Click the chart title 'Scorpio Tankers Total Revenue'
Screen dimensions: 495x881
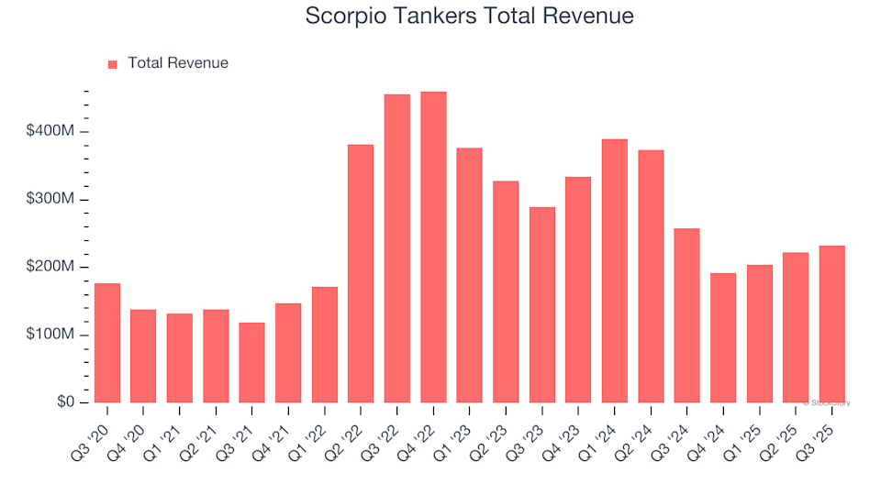tap(469, 16)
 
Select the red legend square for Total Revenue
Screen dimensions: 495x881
tap(113, 64)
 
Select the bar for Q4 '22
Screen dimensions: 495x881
tap(433, 247)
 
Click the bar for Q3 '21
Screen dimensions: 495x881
tap(251, 363)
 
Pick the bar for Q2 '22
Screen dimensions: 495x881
tap(361, 274)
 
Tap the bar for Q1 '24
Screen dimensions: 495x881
tap(615, 271)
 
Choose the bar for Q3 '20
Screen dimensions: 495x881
tap(107, 343)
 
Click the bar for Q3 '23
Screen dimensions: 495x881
tap(542, 305)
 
